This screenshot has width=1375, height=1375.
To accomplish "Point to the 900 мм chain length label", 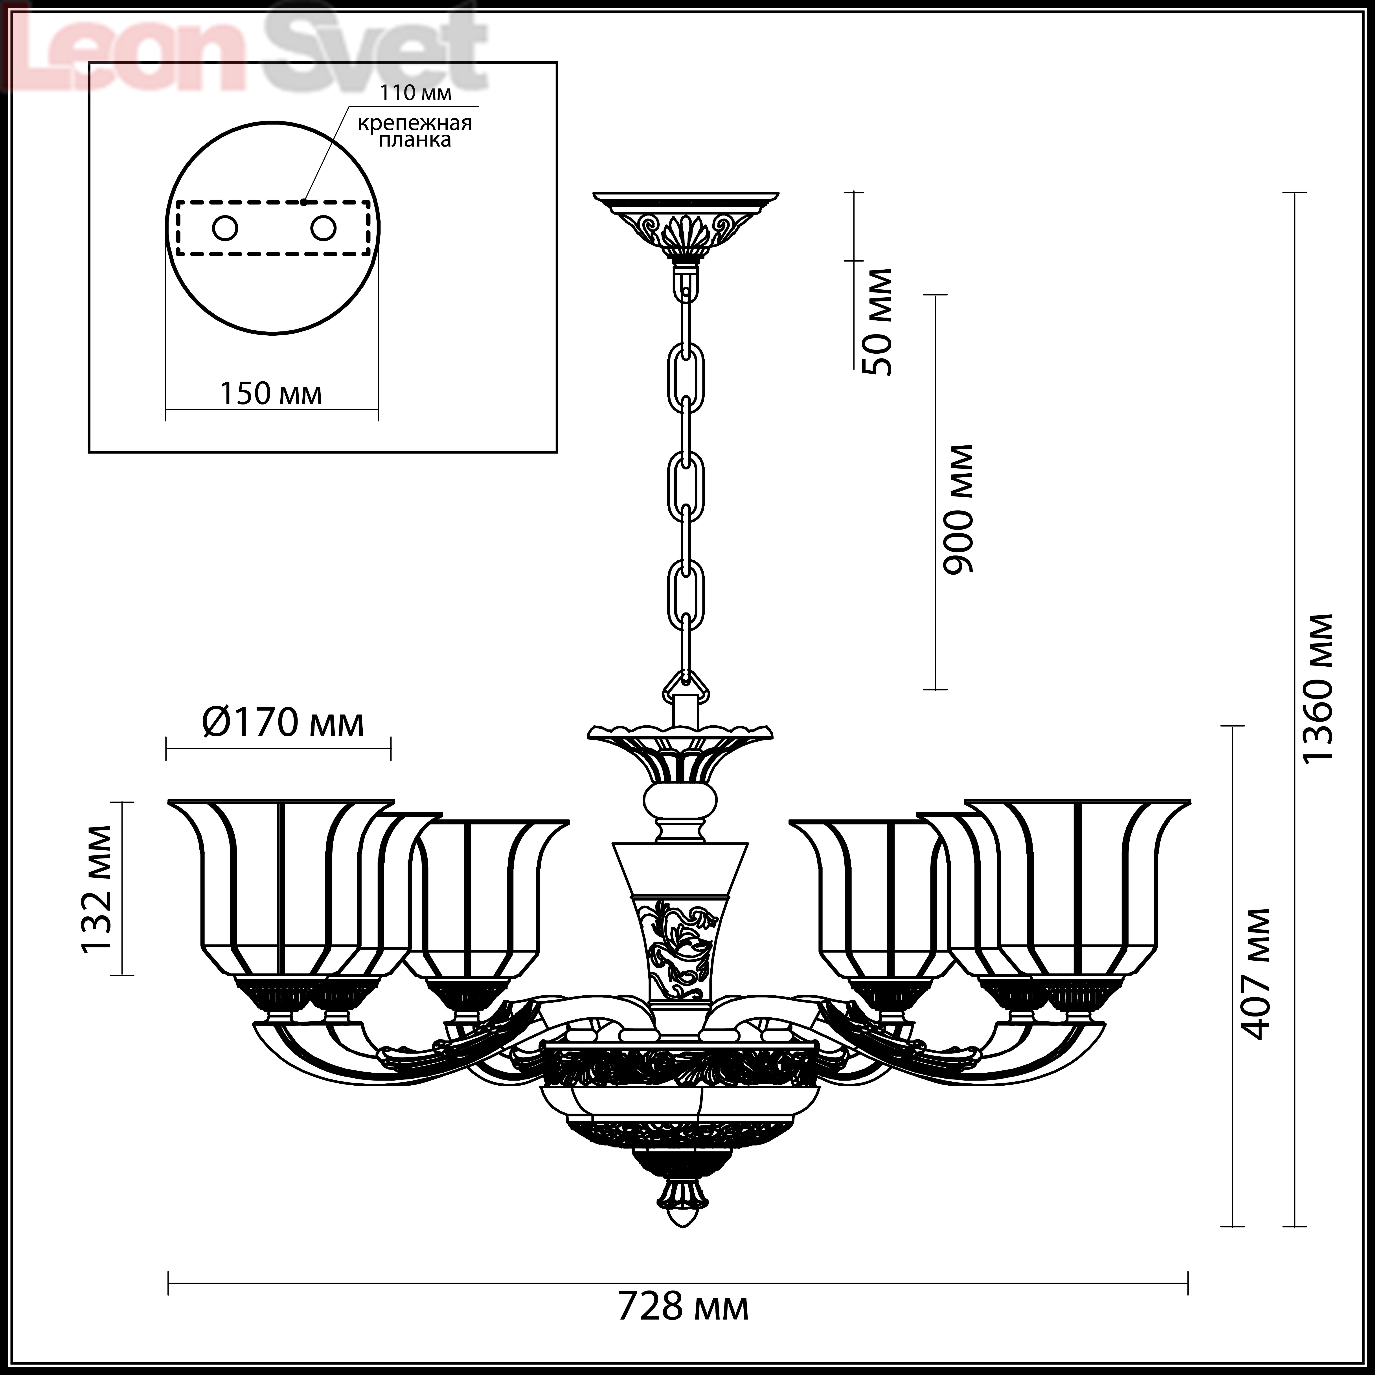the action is (x=956, y=510).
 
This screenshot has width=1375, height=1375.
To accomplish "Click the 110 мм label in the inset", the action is (x=416, y=92).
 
